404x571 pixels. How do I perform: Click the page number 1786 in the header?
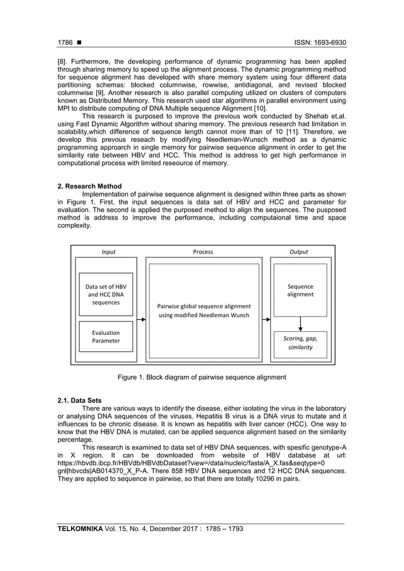65,44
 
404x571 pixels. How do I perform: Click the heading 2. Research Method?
89,186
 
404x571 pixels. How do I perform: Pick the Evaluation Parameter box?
106,337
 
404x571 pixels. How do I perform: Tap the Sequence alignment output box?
300,291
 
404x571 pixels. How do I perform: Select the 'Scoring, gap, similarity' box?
300,342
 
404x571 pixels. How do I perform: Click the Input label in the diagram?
109,251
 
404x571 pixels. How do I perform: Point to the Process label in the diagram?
203,251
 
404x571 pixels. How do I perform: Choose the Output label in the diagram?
299,251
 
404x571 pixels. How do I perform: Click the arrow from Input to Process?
141,320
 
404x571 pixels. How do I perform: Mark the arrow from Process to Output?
266,320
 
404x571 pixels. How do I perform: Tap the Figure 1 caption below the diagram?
202,377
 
